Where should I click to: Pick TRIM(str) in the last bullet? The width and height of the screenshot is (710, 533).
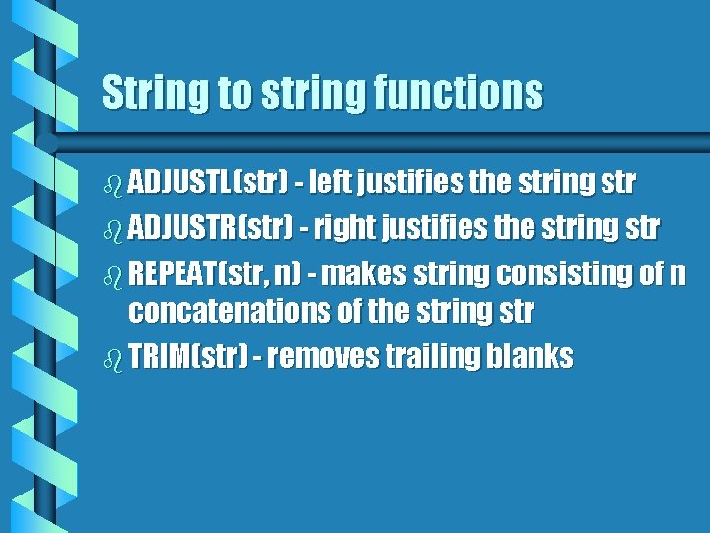(187, 356)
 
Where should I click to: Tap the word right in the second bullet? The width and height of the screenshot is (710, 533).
(342, 227)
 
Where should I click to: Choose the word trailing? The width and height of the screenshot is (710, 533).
(431, 356)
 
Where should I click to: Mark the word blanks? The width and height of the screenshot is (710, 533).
(529, 356)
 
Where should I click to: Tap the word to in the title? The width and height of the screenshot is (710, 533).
(235, 93)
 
